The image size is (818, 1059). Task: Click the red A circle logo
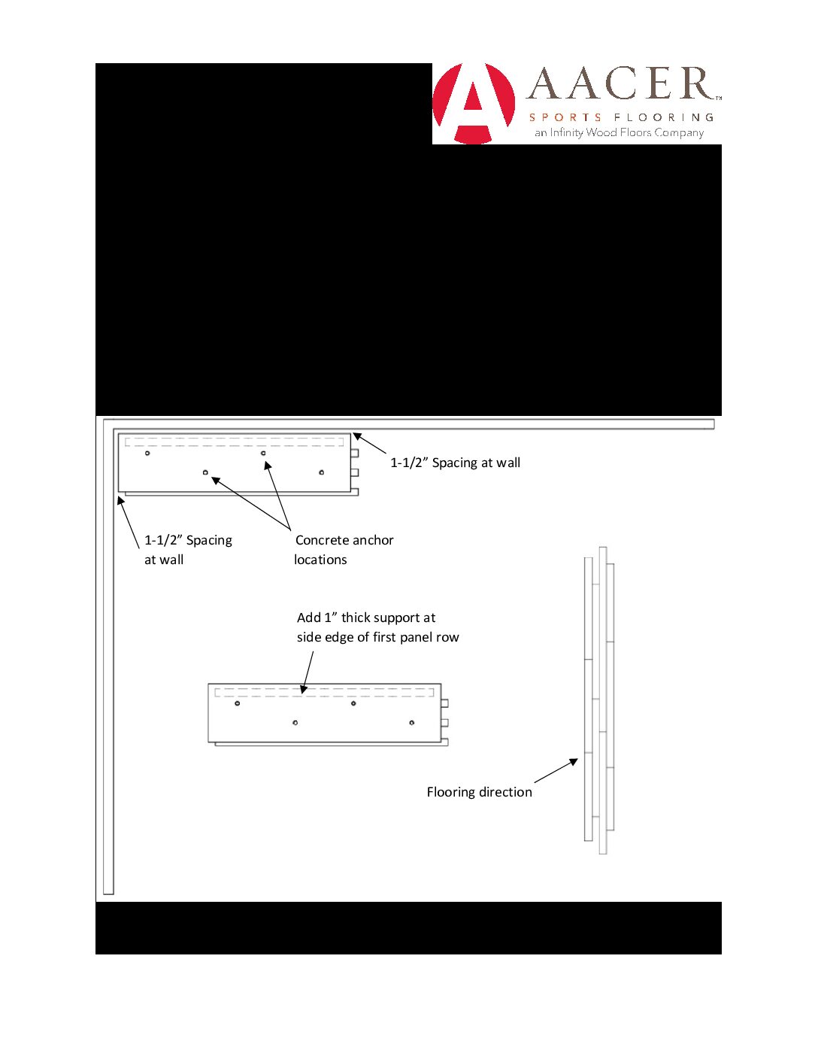pos(474,103)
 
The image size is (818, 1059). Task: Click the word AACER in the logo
pos(621,83)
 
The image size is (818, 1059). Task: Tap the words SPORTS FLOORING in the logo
pos(621,117)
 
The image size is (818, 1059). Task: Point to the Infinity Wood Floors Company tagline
pos(619,133)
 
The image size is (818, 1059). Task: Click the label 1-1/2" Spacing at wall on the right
pos(455,463)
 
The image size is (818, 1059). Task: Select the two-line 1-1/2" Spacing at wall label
pos(188,550)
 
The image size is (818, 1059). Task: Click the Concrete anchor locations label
pos(344,550)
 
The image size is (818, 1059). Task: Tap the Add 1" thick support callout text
pos(377,627)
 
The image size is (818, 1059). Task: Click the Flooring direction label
pos(479,792)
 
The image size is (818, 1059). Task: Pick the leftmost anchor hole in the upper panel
pos(147,453)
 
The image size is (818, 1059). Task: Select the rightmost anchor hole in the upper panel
pos(322,472)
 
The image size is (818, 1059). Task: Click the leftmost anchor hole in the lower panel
pos(238,703)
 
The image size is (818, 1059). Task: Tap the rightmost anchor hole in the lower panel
pos(411,723)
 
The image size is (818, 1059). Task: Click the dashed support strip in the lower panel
pos(324,692)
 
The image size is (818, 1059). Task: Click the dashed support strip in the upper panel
pos(234,442)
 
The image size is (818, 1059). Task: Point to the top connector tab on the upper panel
pos(355,453)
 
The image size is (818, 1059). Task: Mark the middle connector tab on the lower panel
pos(444,723)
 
